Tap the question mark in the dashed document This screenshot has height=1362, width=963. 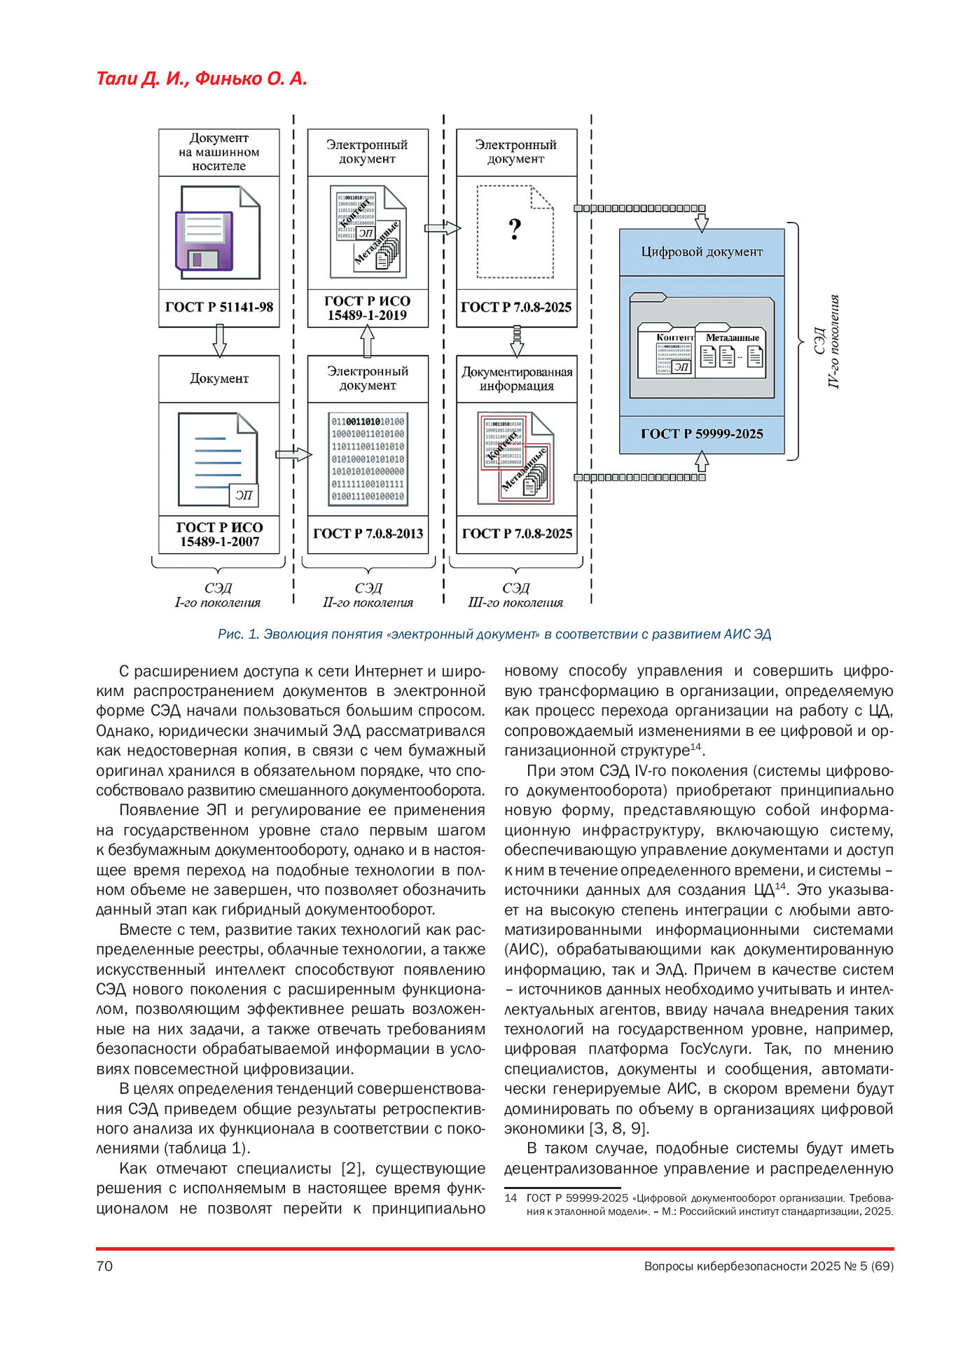point(515,229)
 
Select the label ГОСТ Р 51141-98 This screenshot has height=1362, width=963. point(219,307)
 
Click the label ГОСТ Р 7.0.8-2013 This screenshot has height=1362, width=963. point(368,534)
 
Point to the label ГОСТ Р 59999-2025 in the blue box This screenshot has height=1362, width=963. point(702,434)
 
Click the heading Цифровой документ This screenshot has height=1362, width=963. point(702,252)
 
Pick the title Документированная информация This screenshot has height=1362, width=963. point(517,379)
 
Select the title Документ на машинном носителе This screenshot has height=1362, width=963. point(219,152)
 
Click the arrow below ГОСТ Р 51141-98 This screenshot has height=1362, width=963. point(219,341)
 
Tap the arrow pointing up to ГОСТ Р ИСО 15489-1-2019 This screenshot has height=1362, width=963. point(367,342)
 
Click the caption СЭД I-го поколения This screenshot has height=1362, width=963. point(218,595)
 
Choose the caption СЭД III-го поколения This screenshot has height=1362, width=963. point(515,595)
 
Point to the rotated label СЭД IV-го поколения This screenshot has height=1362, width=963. point(826,341)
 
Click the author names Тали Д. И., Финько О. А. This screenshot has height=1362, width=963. point(202,78)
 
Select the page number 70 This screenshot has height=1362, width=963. point(104,1266)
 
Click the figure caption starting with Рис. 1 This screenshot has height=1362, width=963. point(494,634)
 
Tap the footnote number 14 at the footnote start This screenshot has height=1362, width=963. point(511,1198)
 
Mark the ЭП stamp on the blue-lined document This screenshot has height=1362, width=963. point(244,495)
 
